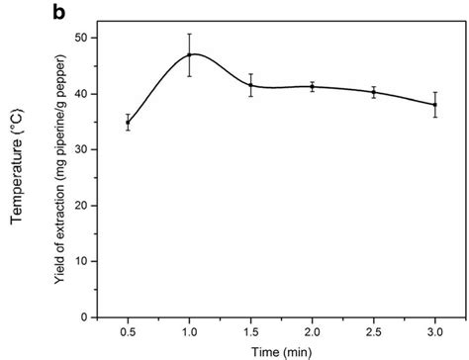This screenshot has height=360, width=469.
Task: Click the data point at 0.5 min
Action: [x=128, y=123]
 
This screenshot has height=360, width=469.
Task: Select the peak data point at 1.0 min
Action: [x=189, y=54]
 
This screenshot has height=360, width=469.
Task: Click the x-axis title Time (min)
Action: [x=281, y=351]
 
